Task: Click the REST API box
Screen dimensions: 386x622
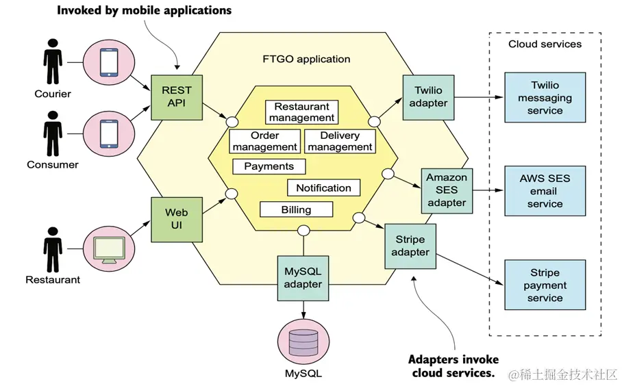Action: [x=177, y=97]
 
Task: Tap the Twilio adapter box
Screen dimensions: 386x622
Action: [x=428, y=96]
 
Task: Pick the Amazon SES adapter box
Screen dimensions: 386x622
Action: [x=447, y=190]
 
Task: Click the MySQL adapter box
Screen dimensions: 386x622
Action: [x=303, y=278]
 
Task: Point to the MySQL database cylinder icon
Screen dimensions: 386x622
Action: [x=303, y=343]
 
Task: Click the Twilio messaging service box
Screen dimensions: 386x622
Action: [x=545, y=98]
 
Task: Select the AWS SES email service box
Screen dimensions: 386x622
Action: [x=545, y=191]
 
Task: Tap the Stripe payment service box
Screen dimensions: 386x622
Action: [x=545, y=285]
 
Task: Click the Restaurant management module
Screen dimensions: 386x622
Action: [x=302, y=112]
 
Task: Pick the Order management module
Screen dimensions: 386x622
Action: [x=264, y=141]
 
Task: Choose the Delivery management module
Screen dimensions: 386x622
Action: [x=340, y=141]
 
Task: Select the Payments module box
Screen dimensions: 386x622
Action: [x=269, y=166]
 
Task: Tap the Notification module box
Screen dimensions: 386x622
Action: [x=323, y=188]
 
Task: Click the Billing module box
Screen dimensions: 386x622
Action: [x=296, y=210]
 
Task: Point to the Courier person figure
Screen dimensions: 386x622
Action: [x=53, y=64]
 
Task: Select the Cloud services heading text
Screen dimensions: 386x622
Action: [x=545, y=44]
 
